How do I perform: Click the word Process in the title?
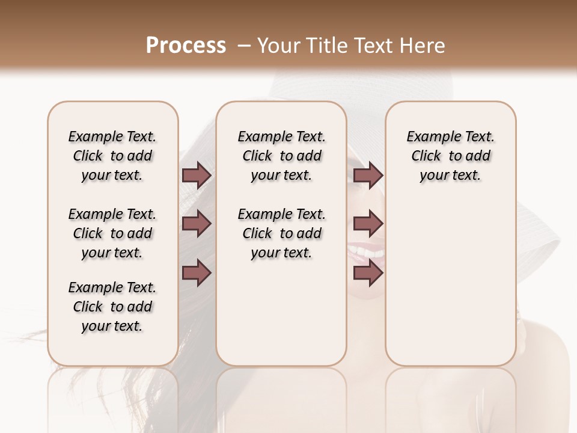[x=186, y=45]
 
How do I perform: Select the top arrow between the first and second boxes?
[x=197, y=176]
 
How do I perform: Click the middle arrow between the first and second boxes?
[x=197, y=224]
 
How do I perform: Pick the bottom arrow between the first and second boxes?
[x=197, y=273]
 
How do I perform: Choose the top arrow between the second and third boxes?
[x=368, y=176]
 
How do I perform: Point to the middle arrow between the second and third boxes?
[x=368, y=224]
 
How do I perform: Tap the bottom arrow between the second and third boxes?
[x=368, y=273]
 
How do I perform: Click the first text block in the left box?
[x=112, y=156]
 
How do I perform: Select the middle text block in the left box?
[x=112, y=233]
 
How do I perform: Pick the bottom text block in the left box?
[x=112, y=307]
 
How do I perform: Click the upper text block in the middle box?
[x=281, y=156]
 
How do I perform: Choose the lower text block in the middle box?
[x=281, y=233]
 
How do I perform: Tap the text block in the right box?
[x=450, y=156]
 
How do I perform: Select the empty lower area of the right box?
[x=450, y=283]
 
